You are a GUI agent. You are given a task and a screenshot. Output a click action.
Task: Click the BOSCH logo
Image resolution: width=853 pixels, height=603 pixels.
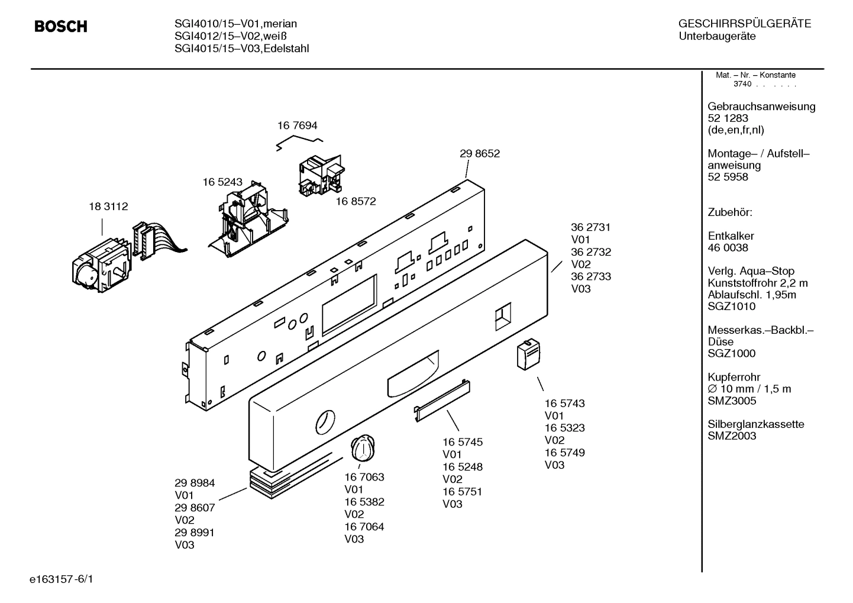pyautogui.click(x=61, y=27)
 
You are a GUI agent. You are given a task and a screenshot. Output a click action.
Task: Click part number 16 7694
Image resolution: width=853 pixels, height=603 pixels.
pyautogui.click(x=297, y=125)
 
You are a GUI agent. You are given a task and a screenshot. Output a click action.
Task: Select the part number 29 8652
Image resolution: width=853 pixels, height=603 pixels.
pyautogui.click(x=479, y=153)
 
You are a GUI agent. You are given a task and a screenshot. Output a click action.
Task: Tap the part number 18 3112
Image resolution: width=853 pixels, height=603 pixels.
pyautogui.click(x=108, y=207)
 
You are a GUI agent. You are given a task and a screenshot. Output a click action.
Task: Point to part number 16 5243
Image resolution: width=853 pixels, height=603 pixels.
pyautogui.click(x=222, y=182)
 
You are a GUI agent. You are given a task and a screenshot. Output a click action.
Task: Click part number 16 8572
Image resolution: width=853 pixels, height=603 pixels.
pyautogui.click(x=356, y=201)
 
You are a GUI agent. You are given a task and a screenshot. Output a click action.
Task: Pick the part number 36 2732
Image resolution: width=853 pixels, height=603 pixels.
pyautogui.click(x=590, y=252)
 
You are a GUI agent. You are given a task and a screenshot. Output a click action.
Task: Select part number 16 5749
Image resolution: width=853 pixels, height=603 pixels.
pyautogui.click(x=564, y=453)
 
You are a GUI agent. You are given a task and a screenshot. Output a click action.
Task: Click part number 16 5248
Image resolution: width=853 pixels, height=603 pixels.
pyautogui.click(x=462, y=467)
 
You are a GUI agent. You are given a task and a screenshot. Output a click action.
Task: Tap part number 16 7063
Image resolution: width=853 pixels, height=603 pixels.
pyautogui.click(x=364, y=477)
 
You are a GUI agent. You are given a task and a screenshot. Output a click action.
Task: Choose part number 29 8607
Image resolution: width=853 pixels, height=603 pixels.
pyautogui.click(x=195, y=508)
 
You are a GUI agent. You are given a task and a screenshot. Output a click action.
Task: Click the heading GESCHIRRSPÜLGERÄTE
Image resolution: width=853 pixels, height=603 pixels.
pyautogui.click(x=744, y=24)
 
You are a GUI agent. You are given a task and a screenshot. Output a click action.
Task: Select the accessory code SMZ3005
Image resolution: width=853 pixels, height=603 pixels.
pyautogui.click(x=732, y=401)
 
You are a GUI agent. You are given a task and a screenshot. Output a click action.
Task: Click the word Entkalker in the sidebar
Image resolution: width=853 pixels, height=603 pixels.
pyautogui.click(x=731, y=236)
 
